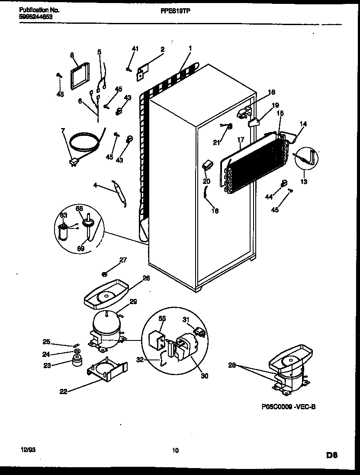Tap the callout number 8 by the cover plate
click(x=72, y=55)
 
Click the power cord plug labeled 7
click(x=74, y=163)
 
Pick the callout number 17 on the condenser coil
click(x=241, y=140)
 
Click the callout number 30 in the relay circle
click(x=204, y=376)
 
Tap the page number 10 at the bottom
click(x=175, y=450)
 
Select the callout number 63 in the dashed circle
click(x=64, y=215)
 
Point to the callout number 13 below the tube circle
click(x=304, y=182)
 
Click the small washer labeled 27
click(x=105, y=273)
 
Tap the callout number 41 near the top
click(x=135, y=49)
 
